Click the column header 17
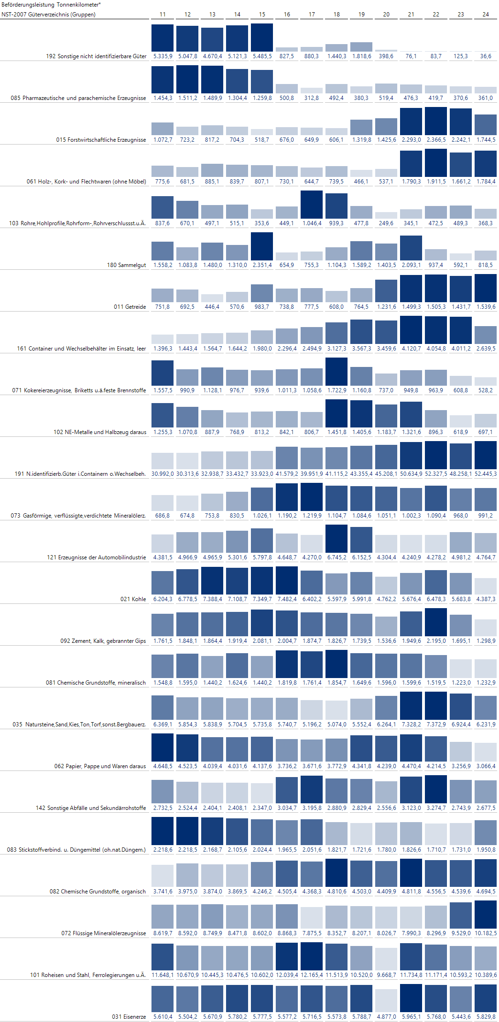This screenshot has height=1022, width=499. tap(312, 15)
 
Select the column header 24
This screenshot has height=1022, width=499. tap(486, 15)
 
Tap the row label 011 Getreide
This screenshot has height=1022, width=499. tap(130, 307)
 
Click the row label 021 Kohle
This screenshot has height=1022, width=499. tap(133, 599)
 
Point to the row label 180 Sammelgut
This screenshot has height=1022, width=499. tap(127, 265)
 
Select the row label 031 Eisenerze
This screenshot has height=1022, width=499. tap(129, 1017)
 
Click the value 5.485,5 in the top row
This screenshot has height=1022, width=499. tap(262, 56)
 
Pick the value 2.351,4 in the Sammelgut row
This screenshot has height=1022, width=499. tap(262, 265)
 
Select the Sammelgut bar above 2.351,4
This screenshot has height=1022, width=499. tap(262, 246)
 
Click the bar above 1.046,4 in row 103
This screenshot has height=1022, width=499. tap(312, 205)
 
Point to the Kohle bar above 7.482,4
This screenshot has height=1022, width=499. tap(287, 580)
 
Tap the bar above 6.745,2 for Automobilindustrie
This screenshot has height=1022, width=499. tap(337, 539)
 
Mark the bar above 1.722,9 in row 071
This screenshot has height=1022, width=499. tap(337, 372)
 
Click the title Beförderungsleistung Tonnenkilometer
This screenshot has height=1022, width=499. tap(51, 5)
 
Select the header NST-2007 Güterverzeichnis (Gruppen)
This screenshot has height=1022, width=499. tap(49, 15)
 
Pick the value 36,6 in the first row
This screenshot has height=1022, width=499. tap(486, 56)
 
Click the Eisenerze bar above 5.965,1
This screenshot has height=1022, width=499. tap(411, 998)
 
